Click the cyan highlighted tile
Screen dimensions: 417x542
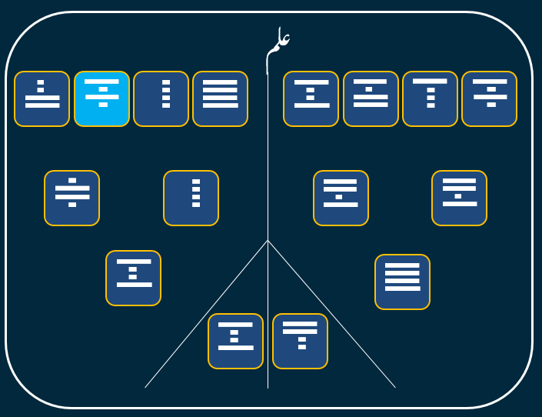pyautogui.click(x=101, y=98)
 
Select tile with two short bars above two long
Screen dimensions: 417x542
pyautogui.click(x=42, y=98)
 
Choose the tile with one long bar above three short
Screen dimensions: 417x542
pyautogui.click(x=430, y=98)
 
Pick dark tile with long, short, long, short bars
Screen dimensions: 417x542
pyautogui.click(x=489, y=98)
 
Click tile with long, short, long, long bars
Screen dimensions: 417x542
pyautogui.click(x=370, y=98)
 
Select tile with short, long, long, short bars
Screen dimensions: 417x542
pyautogui.click(x=71, y=198)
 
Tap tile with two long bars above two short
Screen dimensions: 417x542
pyautogui.click(x=300, y=341)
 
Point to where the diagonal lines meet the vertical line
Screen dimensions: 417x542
pyautogui.click(x=268, y=241)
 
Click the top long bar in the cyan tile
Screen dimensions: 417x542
pyautogui.click(x=101, y=82)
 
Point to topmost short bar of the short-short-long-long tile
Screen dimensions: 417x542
pyautogui.click(x=41, y=82)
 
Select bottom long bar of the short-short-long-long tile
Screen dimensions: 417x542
pyautogui.click(x=42, y=105)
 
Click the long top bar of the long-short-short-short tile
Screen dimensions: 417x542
pyautogui.click(x=430, y=81)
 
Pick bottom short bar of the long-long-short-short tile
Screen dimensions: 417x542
pyautogui.click(x=302, y=347)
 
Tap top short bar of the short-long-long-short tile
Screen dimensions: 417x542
pyautogui.click(x=72, y=181)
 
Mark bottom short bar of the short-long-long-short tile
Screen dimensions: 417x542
pyautogui.click(x=72, y=205)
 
